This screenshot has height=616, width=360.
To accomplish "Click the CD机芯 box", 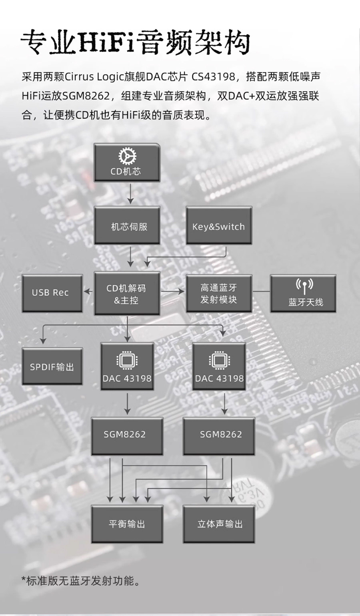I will click(127, 163).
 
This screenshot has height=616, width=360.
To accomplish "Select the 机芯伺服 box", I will click(127, 225).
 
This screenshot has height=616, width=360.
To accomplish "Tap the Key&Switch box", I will click(218, 225).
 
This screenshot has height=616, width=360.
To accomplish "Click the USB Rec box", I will click(52, 293).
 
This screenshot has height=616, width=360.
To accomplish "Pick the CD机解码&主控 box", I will click(127, 293).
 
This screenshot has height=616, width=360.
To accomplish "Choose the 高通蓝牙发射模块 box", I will click(218, 293).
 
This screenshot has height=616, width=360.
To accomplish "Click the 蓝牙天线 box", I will click(303, 293).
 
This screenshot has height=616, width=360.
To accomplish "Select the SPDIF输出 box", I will click(52, 366).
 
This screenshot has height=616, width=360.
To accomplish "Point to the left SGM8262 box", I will click(127, 436).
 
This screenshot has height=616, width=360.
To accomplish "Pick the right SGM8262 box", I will click(219, 436).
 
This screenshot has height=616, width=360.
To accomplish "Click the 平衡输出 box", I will click(127, 524).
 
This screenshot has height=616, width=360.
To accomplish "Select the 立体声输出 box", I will click(219, 524).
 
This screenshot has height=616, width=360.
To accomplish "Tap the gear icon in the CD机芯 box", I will click(127, 157).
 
